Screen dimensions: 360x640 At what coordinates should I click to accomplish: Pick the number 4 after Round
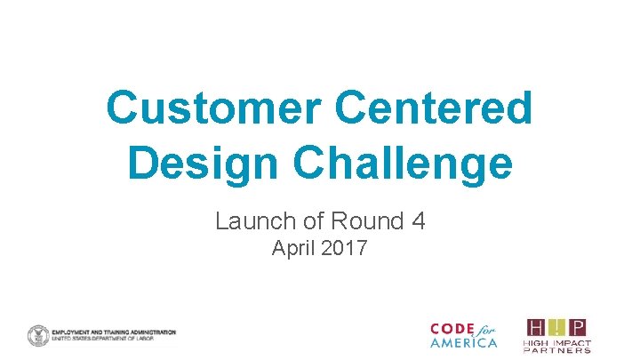(417, 220)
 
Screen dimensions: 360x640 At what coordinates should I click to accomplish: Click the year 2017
(342, 249)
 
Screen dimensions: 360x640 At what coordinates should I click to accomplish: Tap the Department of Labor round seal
(38, 336)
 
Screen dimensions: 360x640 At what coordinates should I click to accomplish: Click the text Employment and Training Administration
(114, 331)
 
